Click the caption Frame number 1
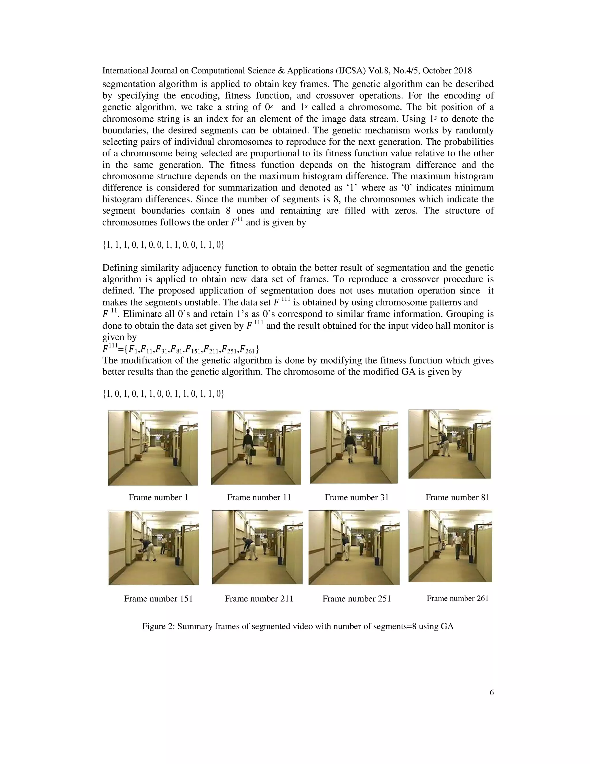coord(158,497)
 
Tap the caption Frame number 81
coord(457,497)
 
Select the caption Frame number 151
coord(158,599)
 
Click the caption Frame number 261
coord(457,598)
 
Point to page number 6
coord(491,693)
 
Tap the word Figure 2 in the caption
coord(158,626)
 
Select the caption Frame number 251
coord(357,599)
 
